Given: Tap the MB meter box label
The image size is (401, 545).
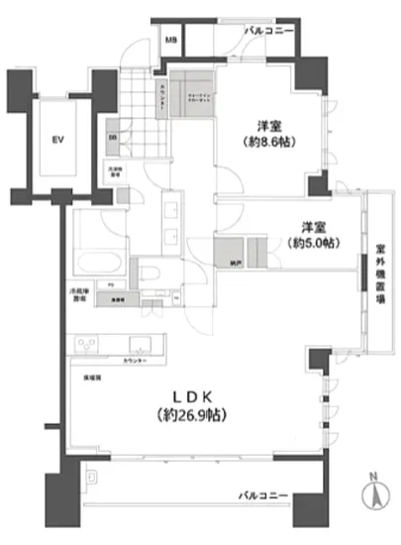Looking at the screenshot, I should coord(171,41).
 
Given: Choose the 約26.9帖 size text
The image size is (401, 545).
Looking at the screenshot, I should coord(186,414).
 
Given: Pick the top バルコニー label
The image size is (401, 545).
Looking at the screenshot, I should coord(270,32).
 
